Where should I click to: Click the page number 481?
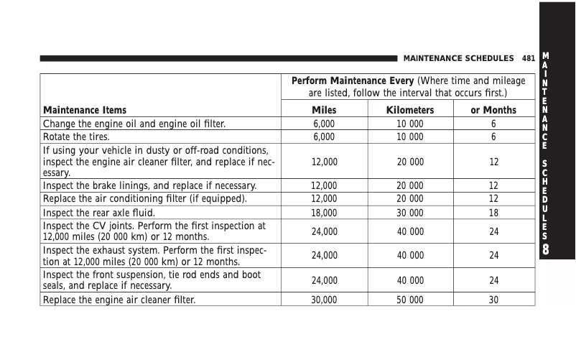click(529, 57)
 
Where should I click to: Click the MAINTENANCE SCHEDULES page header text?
click(458, 57)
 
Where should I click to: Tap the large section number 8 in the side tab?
click(547, 250)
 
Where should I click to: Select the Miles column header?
click(324, 110)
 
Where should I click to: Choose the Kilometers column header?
click(410, 110)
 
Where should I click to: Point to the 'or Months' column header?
click(493, 110)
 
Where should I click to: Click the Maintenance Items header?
click(85, 110)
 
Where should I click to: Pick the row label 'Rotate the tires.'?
click(77, 137)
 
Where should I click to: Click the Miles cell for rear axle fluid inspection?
click(324, 213)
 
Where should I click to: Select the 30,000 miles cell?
click(324, 300)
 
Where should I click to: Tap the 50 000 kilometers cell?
click(410, 300)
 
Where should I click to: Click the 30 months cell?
click(493, 300)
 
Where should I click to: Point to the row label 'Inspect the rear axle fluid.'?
click(99, 213)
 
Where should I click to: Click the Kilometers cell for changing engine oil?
click(410, 124)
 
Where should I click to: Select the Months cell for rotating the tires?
click(493, 137)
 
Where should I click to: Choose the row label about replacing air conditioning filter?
click(145, 198)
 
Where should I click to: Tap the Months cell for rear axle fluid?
click(493, 213)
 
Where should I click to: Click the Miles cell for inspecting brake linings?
click(324, 185)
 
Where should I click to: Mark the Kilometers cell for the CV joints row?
click(410, 231)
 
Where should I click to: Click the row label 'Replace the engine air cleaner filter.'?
click(119, 300)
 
